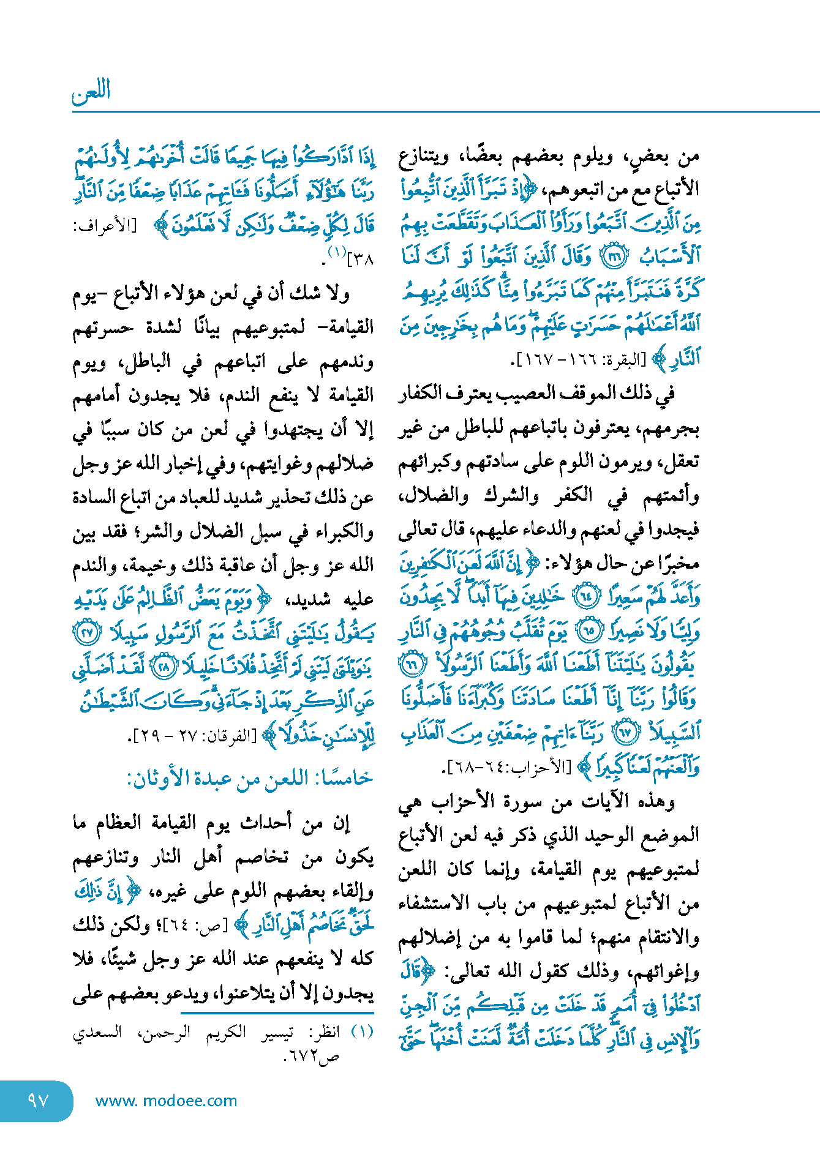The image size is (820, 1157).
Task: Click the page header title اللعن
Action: (x=91, y=92)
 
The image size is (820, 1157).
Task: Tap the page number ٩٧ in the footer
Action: (x=37, y=1100)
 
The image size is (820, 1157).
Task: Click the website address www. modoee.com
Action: (x=166, y=1101)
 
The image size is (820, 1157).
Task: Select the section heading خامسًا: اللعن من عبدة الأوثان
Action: (x=250, y=778)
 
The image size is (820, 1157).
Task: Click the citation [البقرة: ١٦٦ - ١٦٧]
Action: (x=578, y=360)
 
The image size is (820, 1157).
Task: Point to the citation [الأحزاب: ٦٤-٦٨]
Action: (x=510, y=766)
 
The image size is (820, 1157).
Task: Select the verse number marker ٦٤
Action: (x=587, y=596)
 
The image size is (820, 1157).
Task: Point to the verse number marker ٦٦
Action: (x=412, y=664)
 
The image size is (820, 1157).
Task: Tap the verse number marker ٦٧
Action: (x=626, y=732)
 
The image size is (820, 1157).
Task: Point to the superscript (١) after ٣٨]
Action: (x=337, y=252)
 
